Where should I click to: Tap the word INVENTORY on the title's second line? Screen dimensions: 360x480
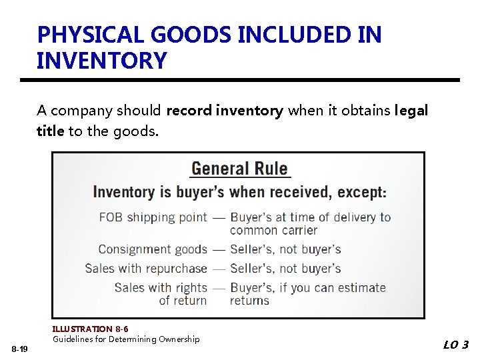pos(101,61)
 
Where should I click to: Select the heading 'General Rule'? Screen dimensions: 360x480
pos(239,169)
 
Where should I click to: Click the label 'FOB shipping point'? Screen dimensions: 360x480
pos(153,217)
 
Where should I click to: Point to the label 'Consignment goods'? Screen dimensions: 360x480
pos(153,249)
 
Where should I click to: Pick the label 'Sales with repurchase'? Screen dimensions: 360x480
pos(146,269)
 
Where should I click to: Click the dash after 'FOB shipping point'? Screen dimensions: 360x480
pos(219,217)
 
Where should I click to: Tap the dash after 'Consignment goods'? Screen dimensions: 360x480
pos(219,249)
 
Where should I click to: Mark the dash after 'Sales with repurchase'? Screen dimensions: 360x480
pos(219,269)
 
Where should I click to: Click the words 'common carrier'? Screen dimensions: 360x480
pos(273,231)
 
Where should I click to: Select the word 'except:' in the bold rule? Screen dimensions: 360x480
pos(362,192)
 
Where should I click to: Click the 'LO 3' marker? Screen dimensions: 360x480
pos(456,345)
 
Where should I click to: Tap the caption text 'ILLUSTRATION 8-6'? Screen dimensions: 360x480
pos(90,329)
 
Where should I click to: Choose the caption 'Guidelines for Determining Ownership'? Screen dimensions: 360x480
pos(126,339)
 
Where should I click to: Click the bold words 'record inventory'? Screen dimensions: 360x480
pos(224,111)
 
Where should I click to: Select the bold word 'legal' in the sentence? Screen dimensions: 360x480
pos(411,111)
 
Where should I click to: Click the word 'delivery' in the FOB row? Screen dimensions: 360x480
pos(354,217)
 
